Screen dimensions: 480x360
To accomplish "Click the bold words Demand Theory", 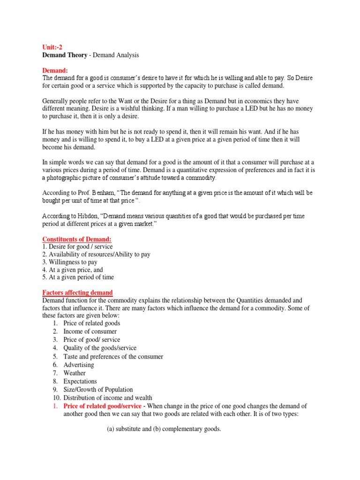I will pos(65,55).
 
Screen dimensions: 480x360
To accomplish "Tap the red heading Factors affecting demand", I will pos(77,292).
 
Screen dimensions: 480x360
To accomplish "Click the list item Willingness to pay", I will pos(70,262).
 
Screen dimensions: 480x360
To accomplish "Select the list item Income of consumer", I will pos(90,331).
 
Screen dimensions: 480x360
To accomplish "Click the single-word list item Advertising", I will pos(79,365).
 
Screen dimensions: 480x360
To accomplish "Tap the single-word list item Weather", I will pos(75,373).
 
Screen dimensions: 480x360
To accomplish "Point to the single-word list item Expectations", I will pos(80,382).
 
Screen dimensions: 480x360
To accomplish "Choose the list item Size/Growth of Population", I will pos(98,390).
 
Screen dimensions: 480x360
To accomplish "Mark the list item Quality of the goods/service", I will pos(100,348).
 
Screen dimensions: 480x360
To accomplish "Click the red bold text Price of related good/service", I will pos(102,406).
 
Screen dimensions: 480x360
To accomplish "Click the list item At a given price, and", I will pos(73,270).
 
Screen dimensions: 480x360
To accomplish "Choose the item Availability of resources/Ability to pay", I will pos(96,255).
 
